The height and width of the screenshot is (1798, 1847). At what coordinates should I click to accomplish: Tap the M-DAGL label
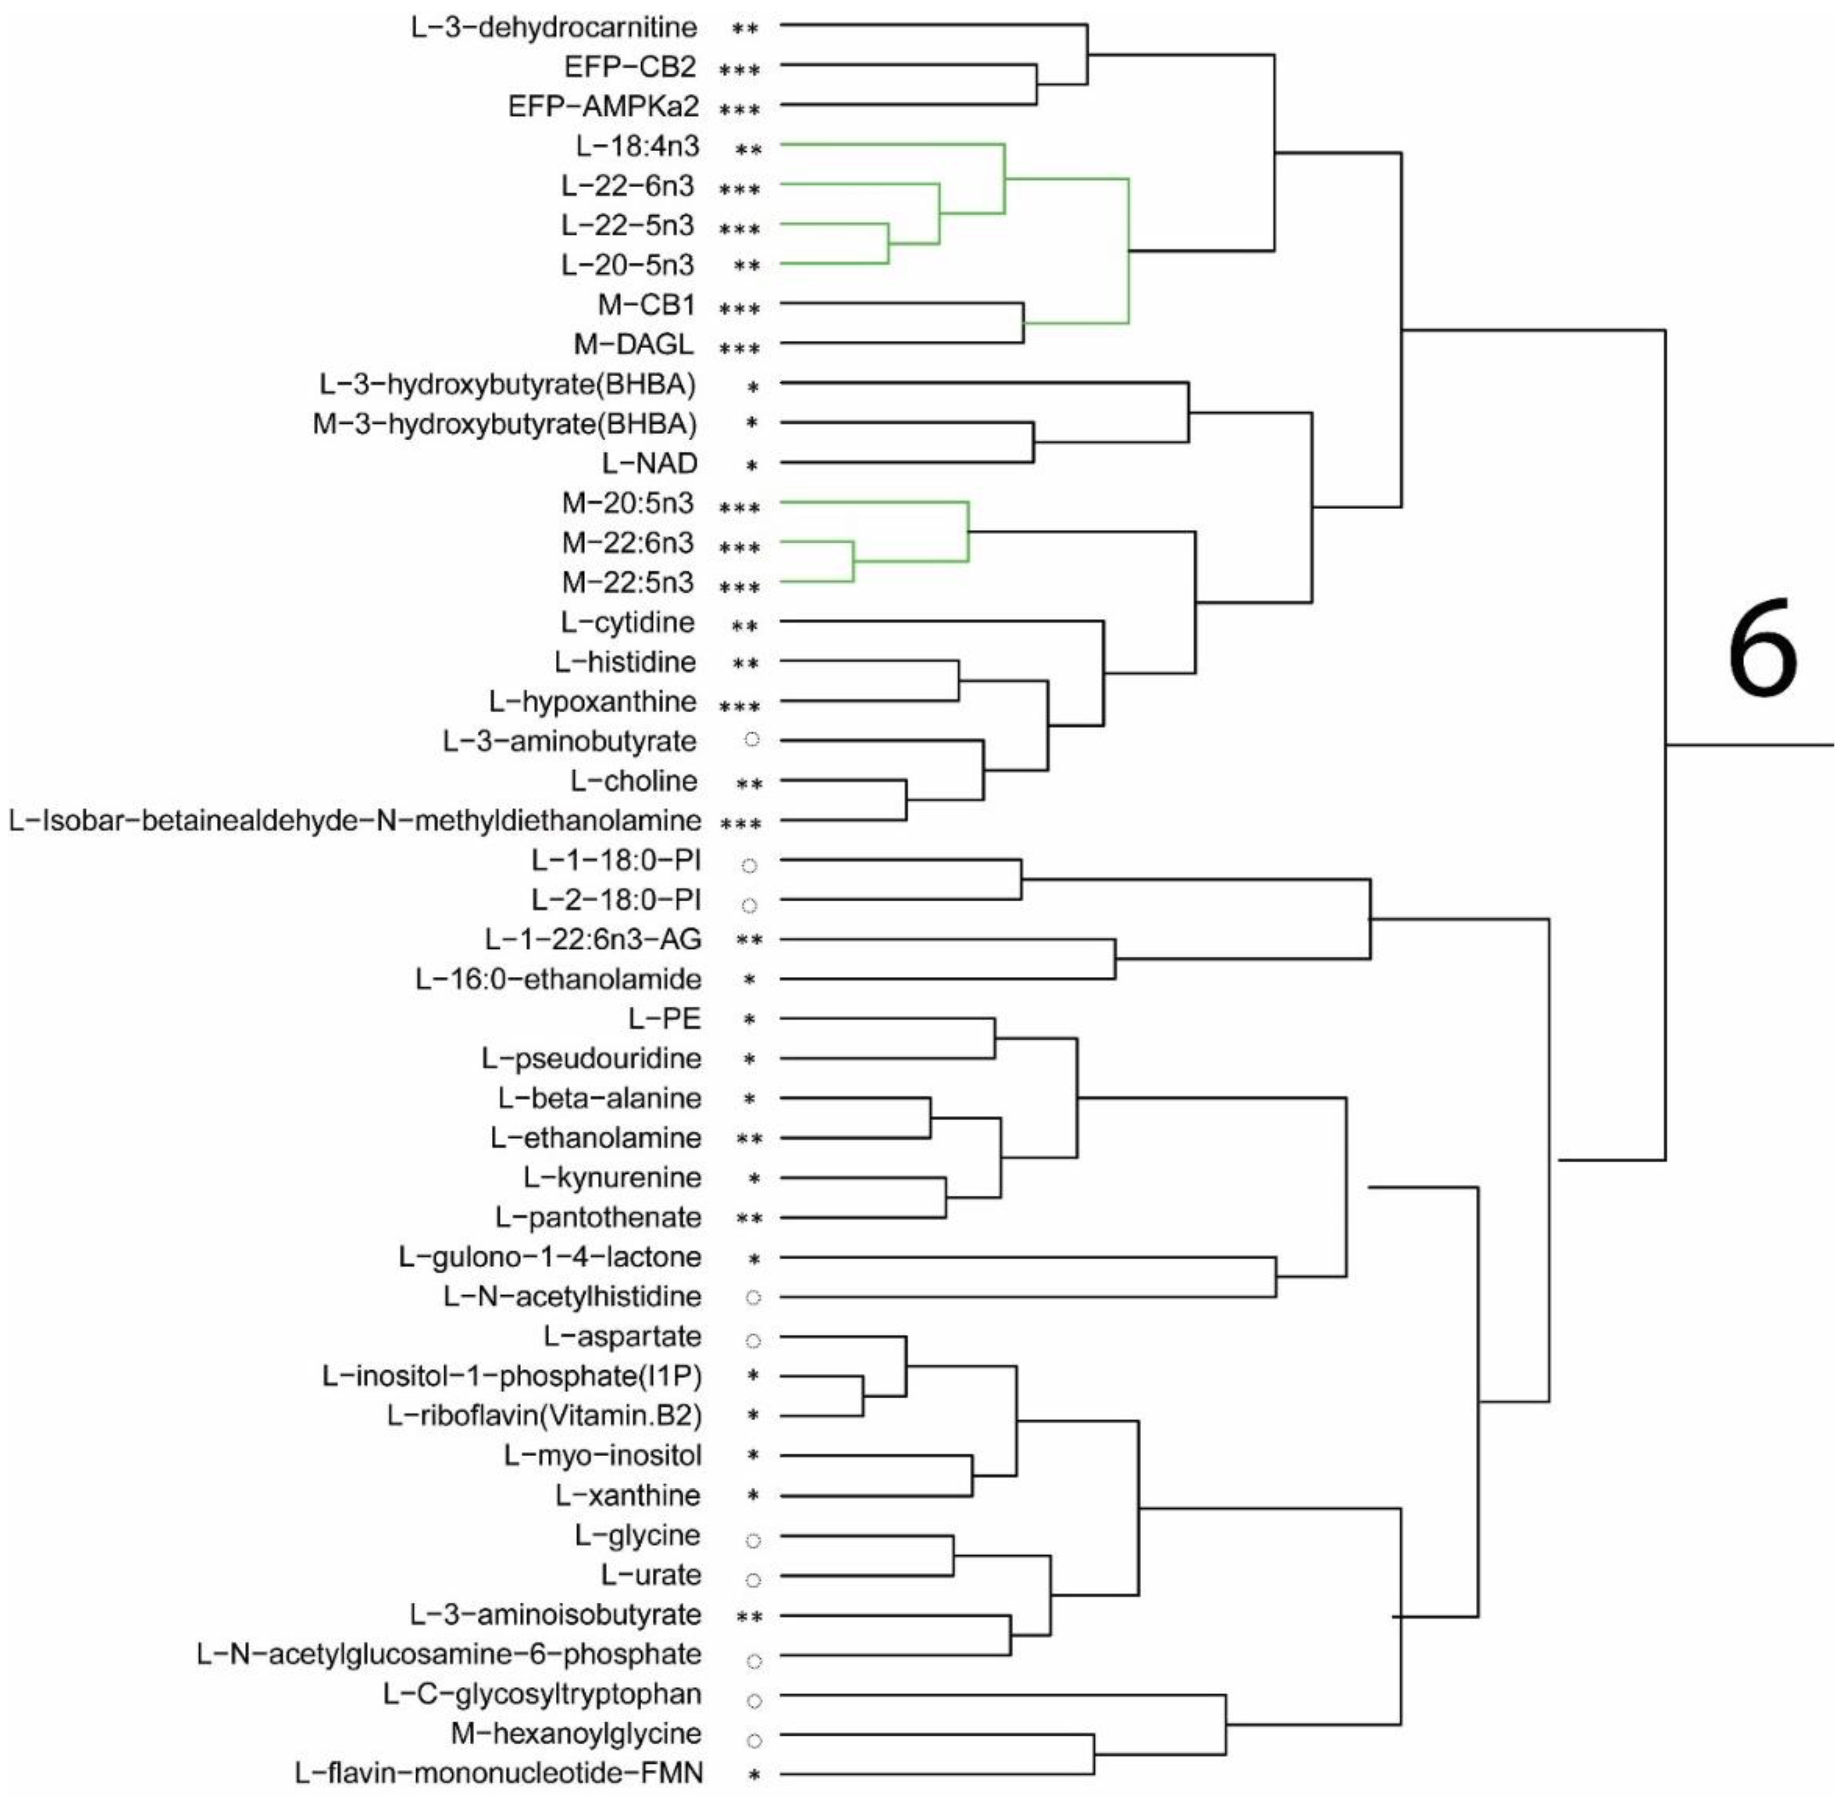[634, 345]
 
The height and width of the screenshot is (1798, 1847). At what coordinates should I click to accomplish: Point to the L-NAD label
[650, 464]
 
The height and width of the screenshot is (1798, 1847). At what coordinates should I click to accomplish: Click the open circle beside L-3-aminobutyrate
[752, 739]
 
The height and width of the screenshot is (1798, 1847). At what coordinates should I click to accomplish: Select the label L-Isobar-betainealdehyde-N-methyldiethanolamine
[355, 821]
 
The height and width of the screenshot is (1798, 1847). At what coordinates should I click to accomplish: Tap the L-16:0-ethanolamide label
[558, 979]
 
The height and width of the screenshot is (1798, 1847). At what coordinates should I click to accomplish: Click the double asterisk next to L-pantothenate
[749, 1218]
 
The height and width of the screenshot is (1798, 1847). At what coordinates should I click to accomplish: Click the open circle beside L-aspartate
[752, 1340]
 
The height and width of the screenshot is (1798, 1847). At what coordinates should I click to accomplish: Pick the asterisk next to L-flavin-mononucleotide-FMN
[753, 1775]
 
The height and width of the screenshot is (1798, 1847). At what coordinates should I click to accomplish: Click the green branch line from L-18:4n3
[893, 144]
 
